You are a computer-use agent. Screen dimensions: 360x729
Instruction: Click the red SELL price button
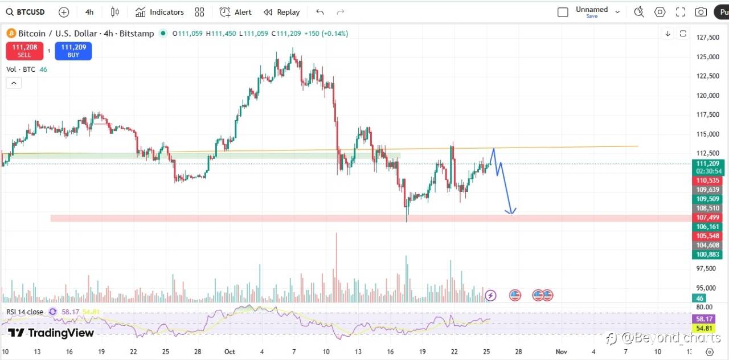[24, 51]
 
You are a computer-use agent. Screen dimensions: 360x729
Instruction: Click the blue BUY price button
[73, 51]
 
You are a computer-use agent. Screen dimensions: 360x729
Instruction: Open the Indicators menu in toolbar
[159, 12]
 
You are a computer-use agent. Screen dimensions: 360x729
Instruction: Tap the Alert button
[236, 12]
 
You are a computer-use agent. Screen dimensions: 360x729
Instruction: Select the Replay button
[282, 12]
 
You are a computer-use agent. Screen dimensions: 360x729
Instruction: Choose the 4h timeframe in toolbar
[89, 12]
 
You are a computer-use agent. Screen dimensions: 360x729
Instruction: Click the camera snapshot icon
[701, 12]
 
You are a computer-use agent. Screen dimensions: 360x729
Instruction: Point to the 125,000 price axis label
[707, 57]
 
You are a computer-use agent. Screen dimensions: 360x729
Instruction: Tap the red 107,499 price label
[706, 218]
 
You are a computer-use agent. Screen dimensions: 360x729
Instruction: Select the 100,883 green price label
[706, 255]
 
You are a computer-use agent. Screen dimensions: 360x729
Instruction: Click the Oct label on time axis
[230, 352]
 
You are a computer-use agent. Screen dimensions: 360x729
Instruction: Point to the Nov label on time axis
[561, 352]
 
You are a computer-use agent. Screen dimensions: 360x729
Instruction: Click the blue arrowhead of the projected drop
[511, 212]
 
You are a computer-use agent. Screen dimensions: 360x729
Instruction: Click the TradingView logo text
[51, 333]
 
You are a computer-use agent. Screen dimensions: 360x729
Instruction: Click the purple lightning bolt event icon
[490, 295]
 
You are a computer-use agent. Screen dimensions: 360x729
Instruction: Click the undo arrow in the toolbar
[320, 12]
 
